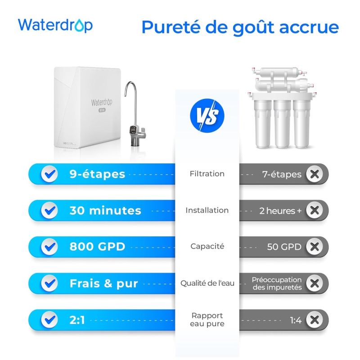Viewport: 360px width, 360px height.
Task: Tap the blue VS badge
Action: pos(207,115)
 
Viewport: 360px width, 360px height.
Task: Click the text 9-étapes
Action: pos(97,174)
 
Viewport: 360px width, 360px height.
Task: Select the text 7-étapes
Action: pos(282,174)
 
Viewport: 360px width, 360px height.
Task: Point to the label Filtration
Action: pos(207,174)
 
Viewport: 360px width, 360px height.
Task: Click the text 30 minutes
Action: pos(105,211)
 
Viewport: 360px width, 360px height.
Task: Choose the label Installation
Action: pos(207,210)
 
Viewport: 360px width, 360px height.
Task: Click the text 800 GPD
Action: pos(97,247)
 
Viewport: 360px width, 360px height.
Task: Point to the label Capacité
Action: pos(207,247)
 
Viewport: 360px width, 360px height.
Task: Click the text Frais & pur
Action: pos(103,283)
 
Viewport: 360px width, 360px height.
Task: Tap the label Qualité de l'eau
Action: pos(207,283)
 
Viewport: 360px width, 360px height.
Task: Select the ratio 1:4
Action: pos(296,320)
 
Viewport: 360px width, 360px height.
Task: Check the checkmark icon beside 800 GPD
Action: pos(49,247)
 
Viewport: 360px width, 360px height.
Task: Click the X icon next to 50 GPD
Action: pos(314,247)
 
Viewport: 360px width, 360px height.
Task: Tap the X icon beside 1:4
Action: pos(314,320)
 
